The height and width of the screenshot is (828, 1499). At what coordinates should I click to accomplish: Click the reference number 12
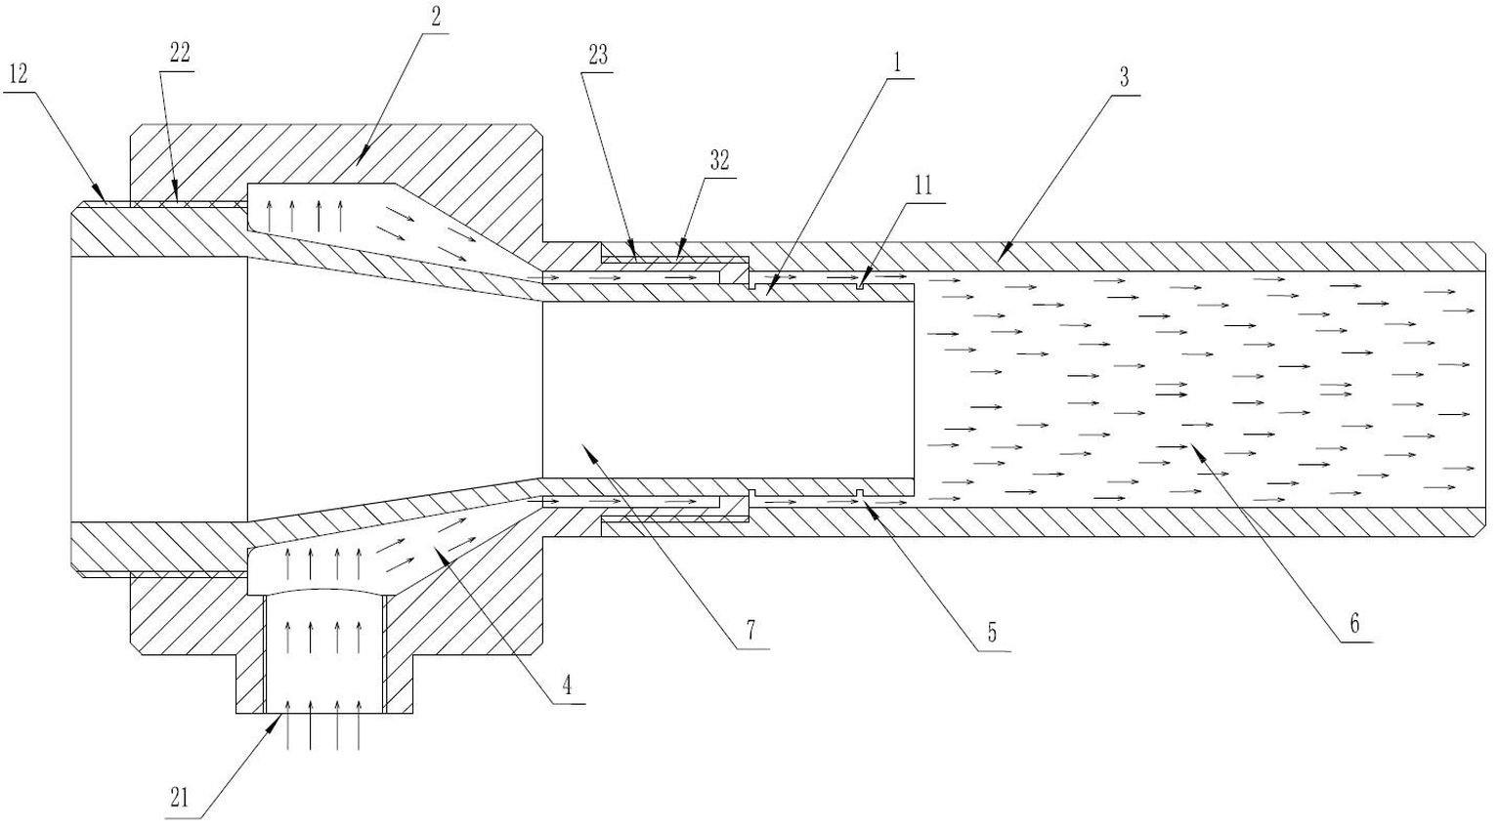click(x=18, y=73)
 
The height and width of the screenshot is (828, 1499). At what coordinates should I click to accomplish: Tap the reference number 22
click(x=179, y=55)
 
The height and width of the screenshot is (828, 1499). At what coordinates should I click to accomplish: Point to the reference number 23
click(x=597, y=56)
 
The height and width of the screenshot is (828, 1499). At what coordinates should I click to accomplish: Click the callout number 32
click(x=719, y=161)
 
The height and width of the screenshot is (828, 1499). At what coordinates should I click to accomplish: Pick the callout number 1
click(x=896, y=63)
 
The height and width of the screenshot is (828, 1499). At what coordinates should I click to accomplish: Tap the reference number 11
click(x=923, y=185)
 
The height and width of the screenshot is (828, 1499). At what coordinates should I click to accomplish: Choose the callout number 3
click(x=1125, y=78)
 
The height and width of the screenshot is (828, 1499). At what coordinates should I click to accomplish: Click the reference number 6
click(x=1354, y=624)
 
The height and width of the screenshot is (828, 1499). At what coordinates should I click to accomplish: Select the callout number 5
click(x=991, y=633)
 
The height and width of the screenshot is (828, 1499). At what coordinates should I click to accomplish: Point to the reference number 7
click(x=750, y=630)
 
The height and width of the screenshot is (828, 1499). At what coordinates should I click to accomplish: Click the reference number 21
click(x=179, y=798)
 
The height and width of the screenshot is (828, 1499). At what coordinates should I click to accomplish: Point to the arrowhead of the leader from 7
click(x=582, y=445)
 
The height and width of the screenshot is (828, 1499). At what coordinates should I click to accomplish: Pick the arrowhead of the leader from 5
click(x=866, y=501)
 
